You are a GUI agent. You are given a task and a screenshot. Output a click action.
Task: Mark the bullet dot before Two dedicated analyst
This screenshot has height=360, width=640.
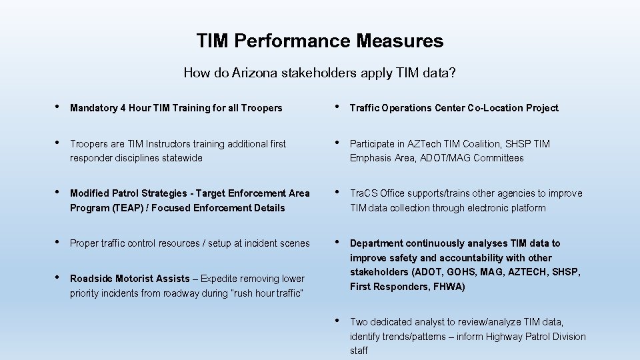click(338, 321)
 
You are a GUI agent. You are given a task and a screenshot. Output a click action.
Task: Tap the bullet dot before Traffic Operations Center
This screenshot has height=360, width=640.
click(338, 107)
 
